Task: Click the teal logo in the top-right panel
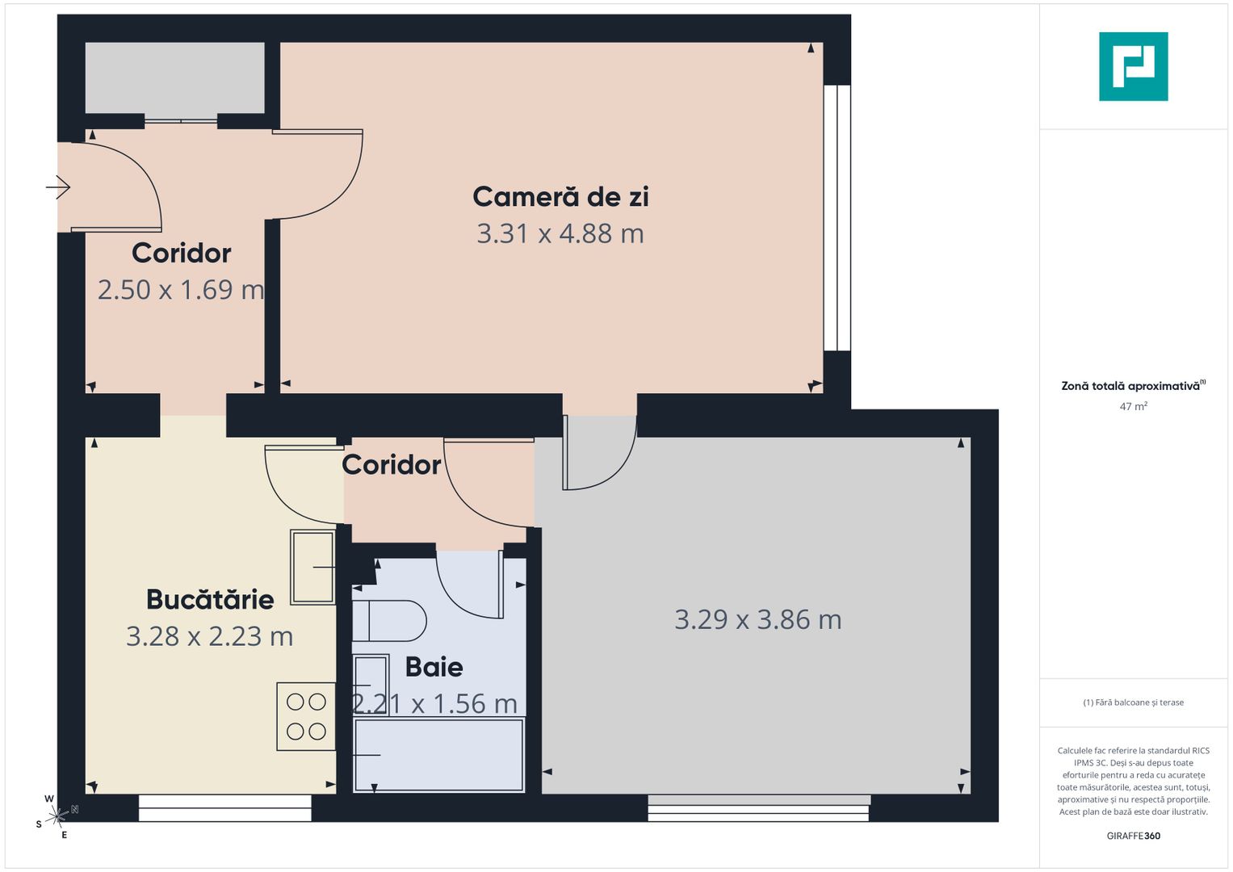[1133, 66]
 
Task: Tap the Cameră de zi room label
[560, 196]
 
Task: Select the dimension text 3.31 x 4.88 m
[560, 233]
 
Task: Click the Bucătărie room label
[210, 599]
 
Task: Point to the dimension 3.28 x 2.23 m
[210, 636]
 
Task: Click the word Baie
[434, 667]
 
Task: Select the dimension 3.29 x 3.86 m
[758, 619]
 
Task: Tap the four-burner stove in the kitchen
[306, 717]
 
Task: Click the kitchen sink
[312, 567]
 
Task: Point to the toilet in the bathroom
[390, 621]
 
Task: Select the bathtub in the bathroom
[438, 755]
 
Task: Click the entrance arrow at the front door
[58, 187]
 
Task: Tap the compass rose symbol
[57, 817]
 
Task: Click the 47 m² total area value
[1133, 407]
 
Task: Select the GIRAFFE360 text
[1133, 836]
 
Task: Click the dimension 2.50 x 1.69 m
[181, 290]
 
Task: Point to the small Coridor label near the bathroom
[392, 465]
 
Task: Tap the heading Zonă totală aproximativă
[1130, 386]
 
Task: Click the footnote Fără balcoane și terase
[1133, 702]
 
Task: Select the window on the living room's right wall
[837, 218]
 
